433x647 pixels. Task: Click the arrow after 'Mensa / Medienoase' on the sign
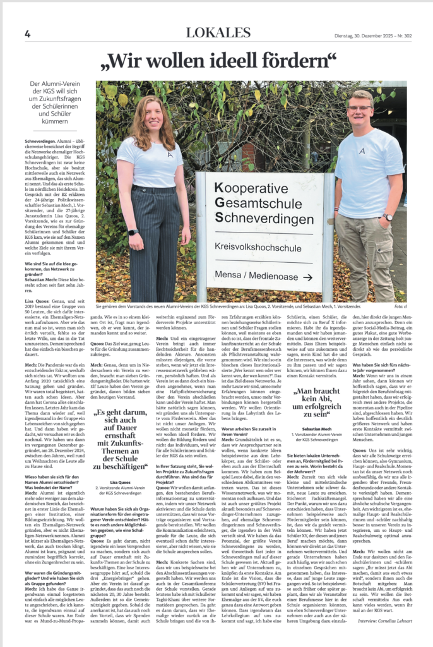click(307, 277)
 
